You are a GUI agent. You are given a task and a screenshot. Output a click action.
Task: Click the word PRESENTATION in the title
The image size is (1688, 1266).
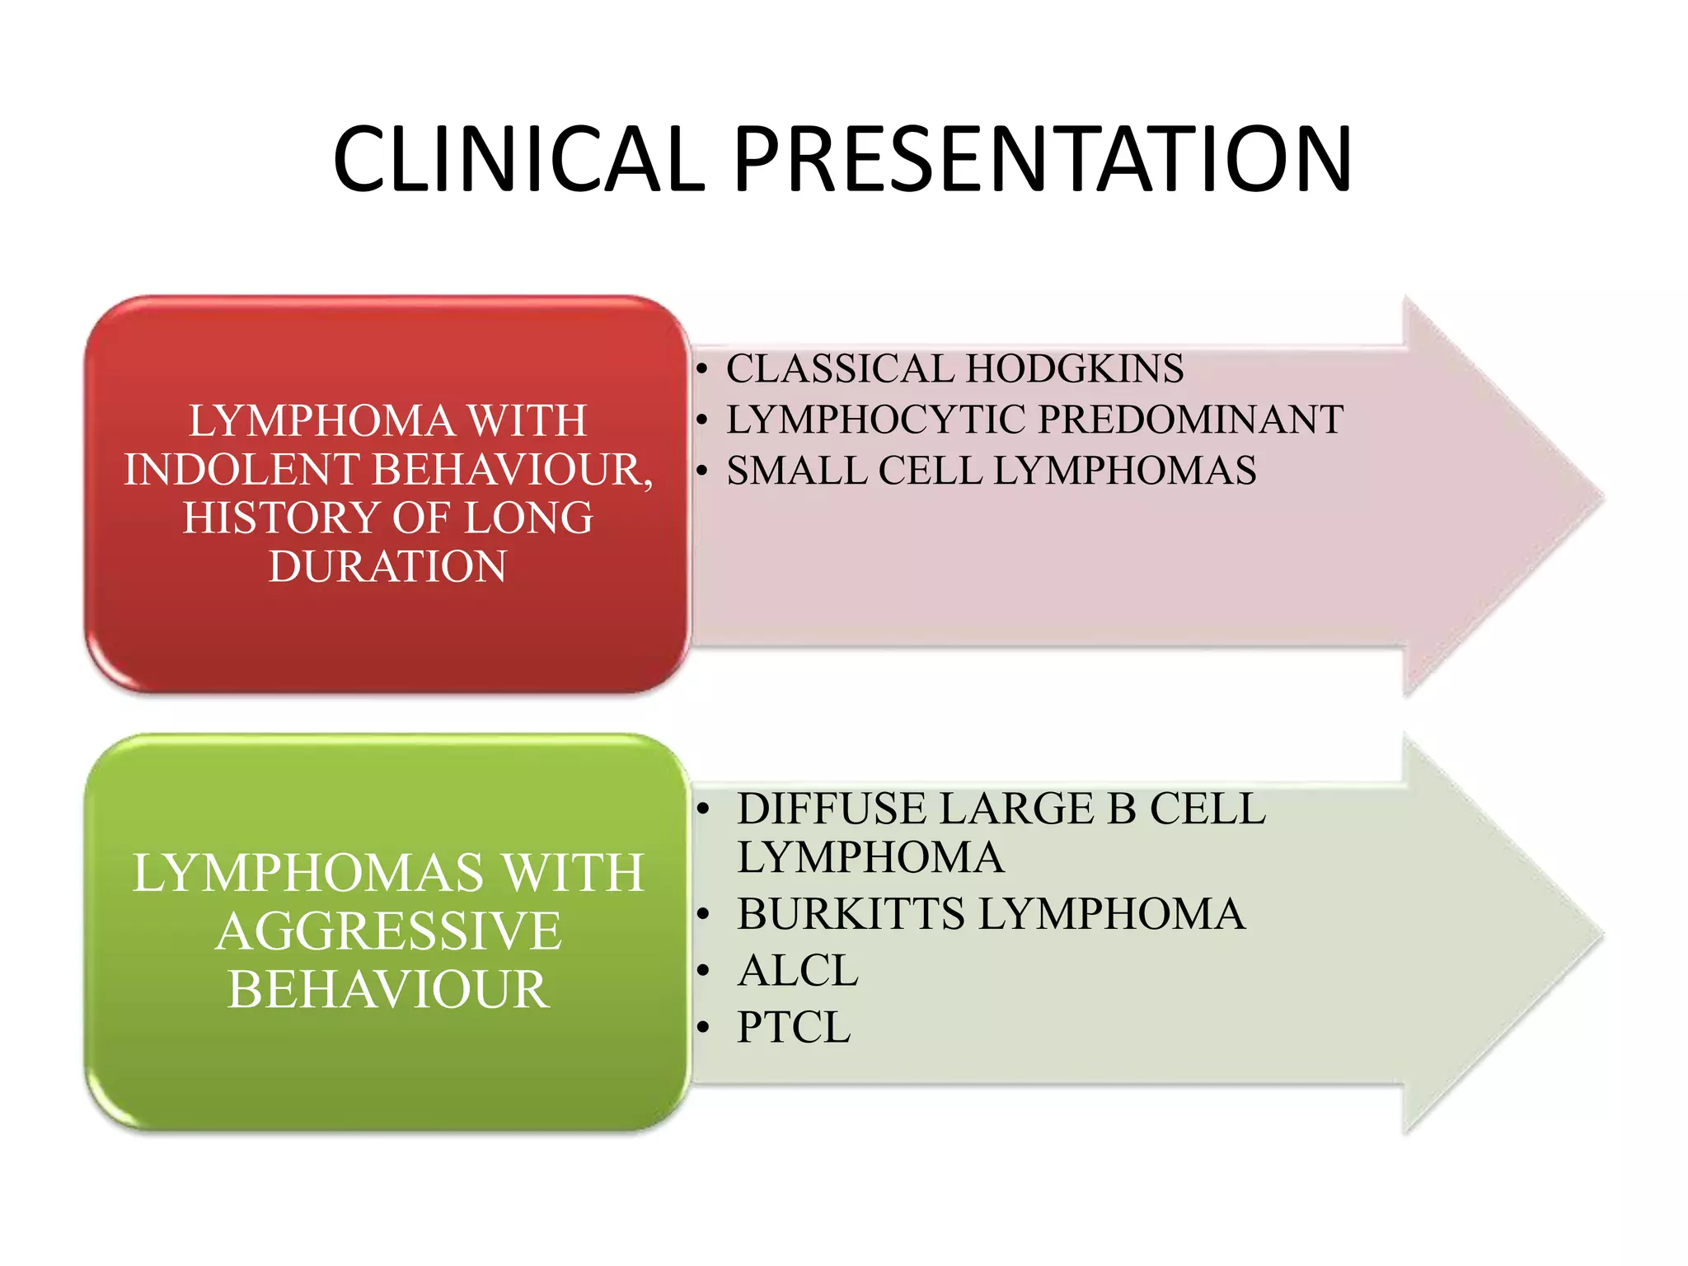pyautogui.click(x=1043, y=159)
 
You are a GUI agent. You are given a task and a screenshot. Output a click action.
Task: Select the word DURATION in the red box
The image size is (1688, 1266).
pyautogui.click(x=387, y=567)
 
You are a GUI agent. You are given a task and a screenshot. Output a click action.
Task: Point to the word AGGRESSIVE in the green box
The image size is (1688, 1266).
pyautogui.click(x=388, y=931)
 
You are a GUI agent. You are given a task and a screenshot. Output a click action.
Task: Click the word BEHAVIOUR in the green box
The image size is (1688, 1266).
pyautogui.click(x=388, y=990)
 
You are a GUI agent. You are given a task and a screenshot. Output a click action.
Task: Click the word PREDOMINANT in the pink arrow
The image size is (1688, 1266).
pyautogui.click(x=1191, y=420)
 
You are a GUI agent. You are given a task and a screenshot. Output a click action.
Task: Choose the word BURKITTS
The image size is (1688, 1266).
pyautogui.click(x=851, y=914)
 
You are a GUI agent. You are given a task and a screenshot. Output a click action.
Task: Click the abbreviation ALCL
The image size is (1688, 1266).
pyautogui.click(x=798, y=971)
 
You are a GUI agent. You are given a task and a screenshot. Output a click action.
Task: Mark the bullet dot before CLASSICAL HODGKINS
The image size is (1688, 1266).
pyautogui.click(x=702, y=369)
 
